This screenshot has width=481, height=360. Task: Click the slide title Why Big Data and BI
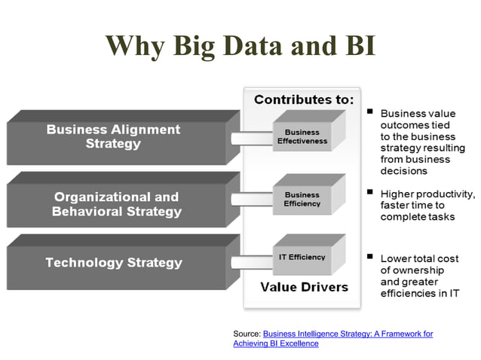pyautogui.click(x=240, y=45)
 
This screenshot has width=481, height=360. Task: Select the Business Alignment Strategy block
pyautogui.click(x=113, y=136)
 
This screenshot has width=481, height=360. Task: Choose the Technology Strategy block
pyautogui.click(x=113, y=263)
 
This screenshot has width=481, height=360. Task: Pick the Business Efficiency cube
pyautogui.click(x=302, y=200)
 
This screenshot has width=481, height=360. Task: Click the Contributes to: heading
pyautogui.click(x=303, y=99)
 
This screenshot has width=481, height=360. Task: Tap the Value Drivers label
pyautogui.click(x=304, y=287)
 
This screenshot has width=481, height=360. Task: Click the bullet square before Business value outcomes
pyautogui.click(x=370, y=111)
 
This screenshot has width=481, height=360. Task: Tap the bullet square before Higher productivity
pyautogui.click(x=370, y=192)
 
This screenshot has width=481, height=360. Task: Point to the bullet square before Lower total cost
pyautogui.click(x=370, y=256)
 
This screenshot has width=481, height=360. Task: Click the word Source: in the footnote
pyautogui.click(x=247, y=334)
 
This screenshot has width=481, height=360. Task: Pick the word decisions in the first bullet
pyautogui.click(x=404, y=171)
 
